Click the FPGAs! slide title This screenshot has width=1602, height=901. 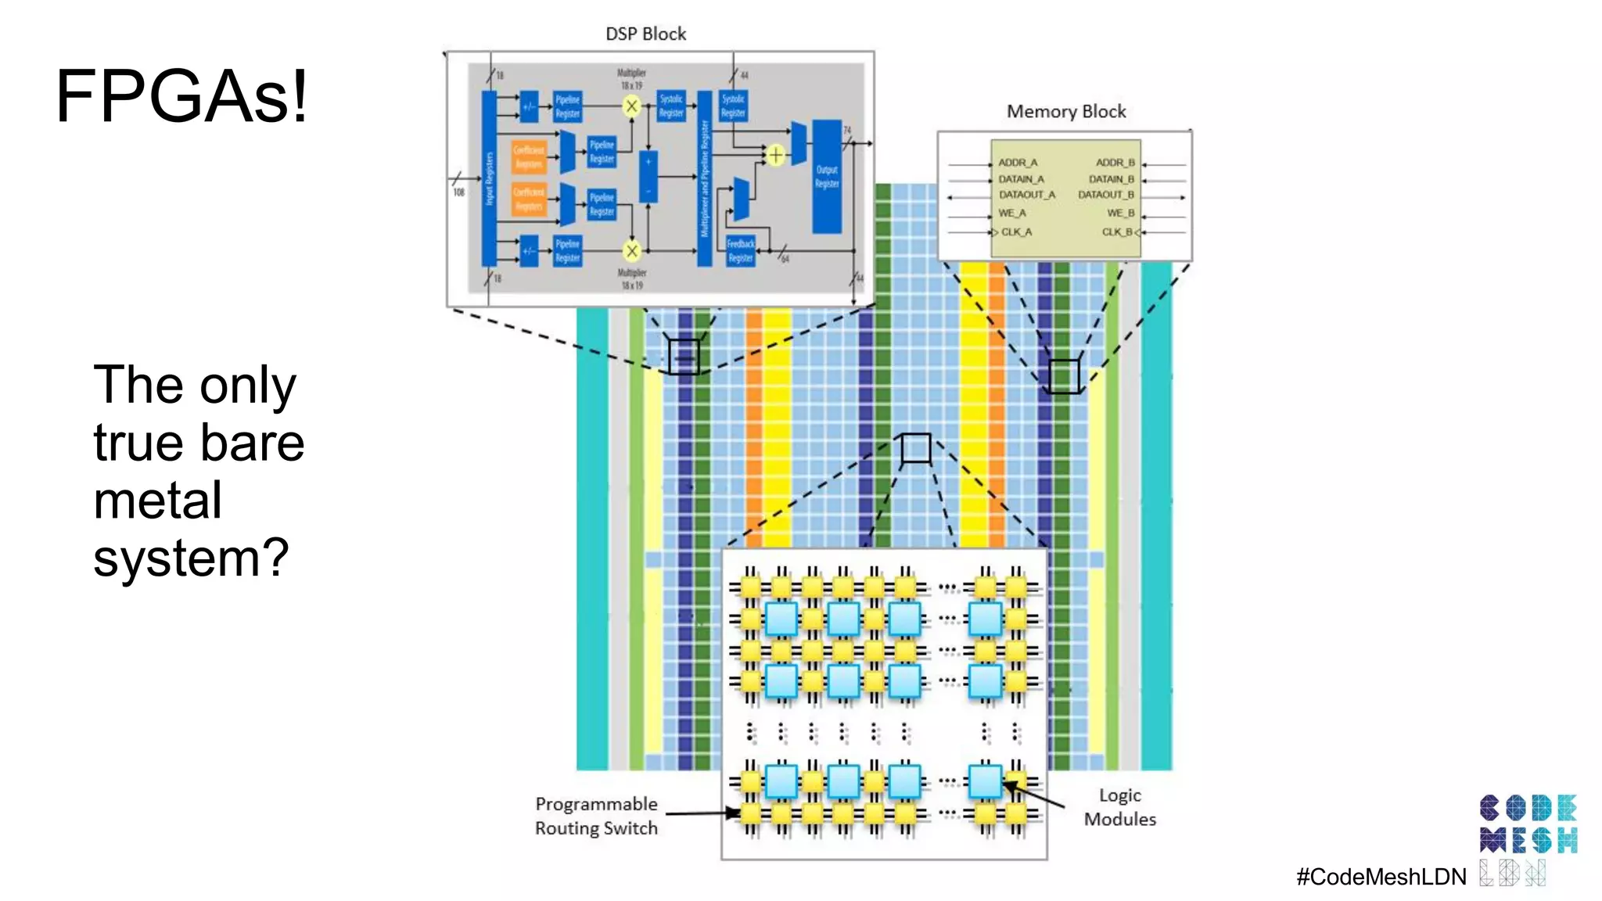(x=181, y=96)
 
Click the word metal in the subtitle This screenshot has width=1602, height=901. (x=157, y=501)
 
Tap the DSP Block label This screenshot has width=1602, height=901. (x=645, y=34)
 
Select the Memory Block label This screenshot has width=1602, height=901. (x=1065, y=112)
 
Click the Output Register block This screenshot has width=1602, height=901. (x=827, y=177)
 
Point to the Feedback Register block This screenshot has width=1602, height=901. (x=740, y=251)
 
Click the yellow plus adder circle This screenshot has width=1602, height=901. (x=775, y=155)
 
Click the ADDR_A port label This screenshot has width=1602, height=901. (x=1017, y=163)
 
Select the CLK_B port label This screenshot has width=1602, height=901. (x=1117, y=232)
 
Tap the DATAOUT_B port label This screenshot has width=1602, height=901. (x=1105, y=195)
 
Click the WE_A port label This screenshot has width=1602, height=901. (x=1011, y=213)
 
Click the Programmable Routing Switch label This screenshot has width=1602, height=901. (x=596, y=816)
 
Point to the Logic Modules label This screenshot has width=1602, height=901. (x=1119, y=807)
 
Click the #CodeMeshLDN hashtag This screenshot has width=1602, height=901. (x=1381, y=877)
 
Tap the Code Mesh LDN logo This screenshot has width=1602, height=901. (x=1528, y=838)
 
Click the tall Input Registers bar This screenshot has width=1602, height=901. (x=489, y=178)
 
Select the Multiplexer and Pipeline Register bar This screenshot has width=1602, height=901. (x=704, y=178)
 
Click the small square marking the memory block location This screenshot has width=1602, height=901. (x=1063, y=376)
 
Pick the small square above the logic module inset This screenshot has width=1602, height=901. (x=915, y=449)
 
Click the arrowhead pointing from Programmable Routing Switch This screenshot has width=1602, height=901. (x=733, y=813)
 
